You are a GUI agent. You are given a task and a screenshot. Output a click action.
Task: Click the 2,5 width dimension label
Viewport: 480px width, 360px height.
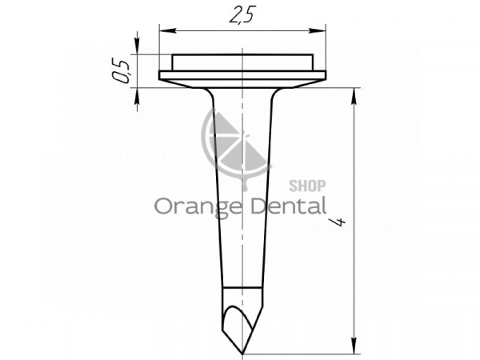pyautogui.click(x=242, y=14)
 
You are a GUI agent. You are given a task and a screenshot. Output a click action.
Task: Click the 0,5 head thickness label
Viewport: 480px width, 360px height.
pyautogui.click(x=121, y=72)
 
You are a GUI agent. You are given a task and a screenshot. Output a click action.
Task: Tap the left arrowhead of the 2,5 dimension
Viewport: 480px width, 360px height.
pyautogui.click(x=168, y=30)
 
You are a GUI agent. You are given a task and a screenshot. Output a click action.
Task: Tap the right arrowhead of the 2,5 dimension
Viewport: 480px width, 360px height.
pyautogui.click(x=317, y=30)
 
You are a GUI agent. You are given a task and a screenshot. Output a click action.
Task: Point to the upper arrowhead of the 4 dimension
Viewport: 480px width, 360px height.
pyautogui.click(x=354, y=97)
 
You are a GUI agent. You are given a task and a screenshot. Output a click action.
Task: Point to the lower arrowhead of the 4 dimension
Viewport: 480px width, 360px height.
pyautogui.click(x=354, y=346)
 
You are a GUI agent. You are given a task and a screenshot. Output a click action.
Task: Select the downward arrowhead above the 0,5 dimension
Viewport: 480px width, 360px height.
pyautogui.click(x=138, y=46)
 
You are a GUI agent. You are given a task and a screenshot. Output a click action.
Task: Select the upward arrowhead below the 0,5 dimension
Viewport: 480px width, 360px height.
pyautogui.click(x=138, y=97)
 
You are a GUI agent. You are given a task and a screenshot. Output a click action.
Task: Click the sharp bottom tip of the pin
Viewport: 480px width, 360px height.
pyautogui.click(x=242, y=354)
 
